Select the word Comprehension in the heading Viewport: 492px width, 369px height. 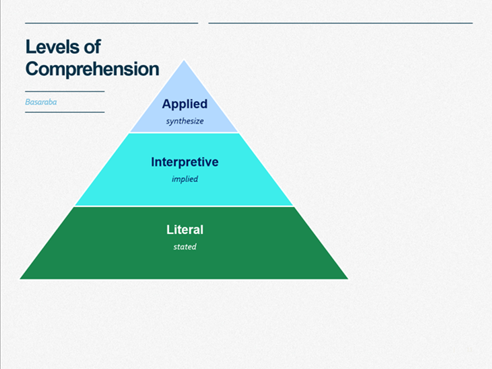92,69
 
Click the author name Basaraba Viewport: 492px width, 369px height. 41,102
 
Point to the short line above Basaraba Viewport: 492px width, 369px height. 65,91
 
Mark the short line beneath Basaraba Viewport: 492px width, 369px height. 65,112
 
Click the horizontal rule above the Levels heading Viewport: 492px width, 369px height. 111,23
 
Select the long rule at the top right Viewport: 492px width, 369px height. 340,23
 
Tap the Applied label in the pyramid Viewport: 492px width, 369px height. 184,104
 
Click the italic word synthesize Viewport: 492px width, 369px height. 184,121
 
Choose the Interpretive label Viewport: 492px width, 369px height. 184,162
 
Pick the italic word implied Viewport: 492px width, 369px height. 184,179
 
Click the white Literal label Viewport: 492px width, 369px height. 184,230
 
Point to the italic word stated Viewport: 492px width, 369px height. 184,247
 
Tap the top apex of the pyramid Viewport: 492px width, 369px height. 184,61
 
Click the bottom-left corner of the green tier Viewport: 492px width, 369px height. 21,278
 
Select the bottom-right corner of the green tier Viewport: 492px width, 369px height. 347,278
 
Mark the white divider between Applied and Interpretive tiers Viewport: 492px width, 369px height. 184,133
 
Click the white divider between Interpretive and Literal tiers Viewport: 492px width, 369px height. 184,206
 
